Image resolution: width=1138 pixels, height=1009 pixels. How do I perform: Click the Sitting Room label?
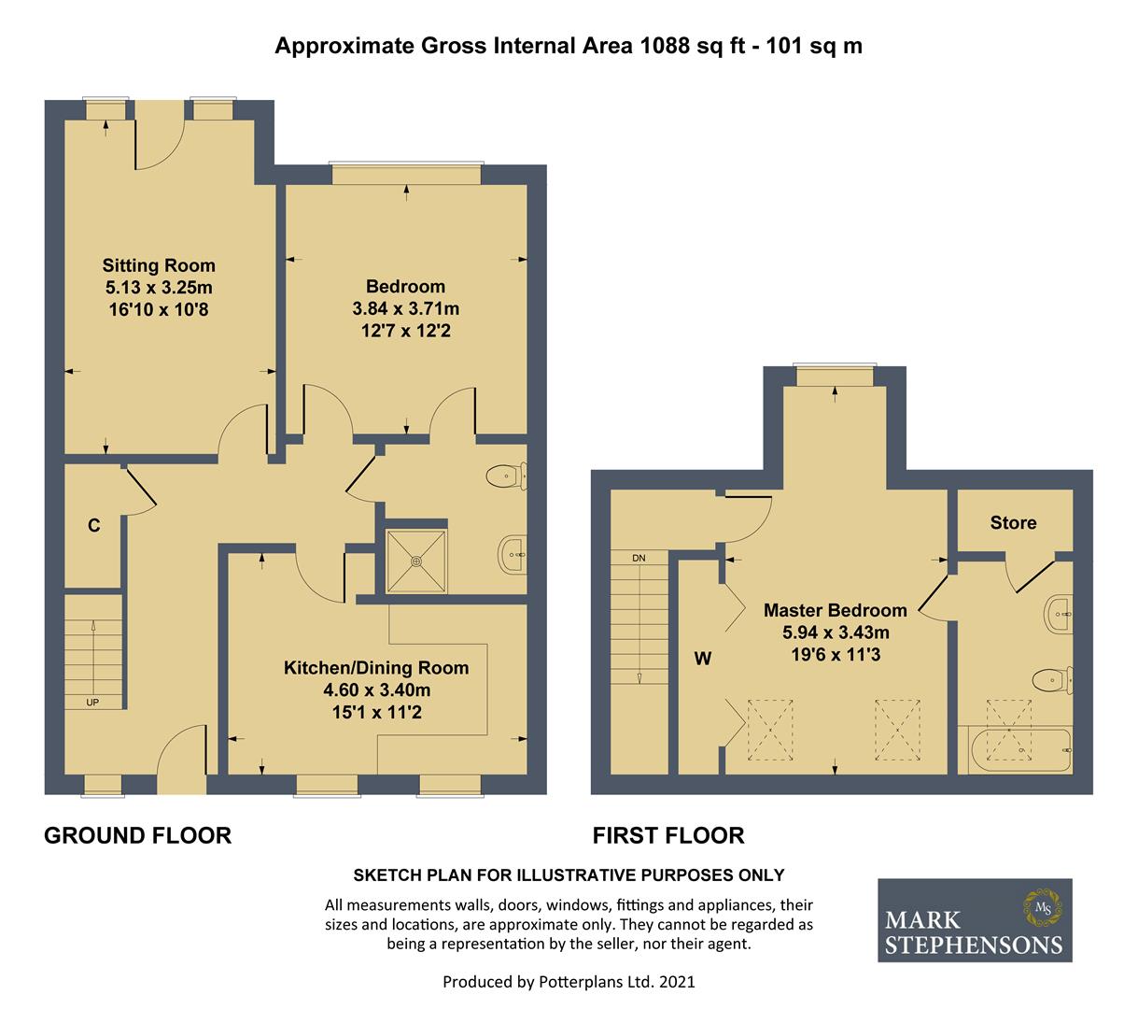click(159, 265)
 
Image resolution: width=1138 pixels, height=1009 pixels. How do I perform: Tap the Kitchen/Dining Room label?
click(376, 667)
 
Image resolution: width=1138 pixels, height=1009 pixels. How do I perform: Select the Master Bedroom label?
click(835, 610)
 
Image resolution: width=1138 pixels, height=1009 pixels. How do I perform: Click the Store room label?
click(1013, 522)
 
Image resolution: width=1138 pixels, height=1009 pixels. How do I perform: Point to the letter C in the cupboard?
click(93, 525)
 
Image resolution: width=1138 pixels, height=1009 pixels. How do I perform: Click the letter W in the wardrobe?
click(703, 659)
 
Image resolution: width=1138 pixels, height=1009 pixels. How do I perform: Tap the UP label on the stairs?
click(92, 702)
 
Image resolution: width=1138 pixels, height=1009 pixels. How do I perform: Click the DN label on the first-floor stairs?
click(639, 558)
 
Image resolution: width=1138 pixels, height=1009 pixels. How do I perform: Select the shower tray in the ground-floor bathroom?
click(416, 561)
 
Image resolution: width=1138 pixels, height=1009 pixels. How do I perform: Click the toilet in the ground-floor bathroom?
click(506, 476)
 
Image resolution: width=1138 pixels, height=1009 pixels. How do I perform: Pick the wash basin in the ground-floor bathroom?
click(513, 555)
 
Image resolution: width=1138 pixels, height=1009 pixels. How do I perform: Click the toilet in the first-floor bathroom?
click(1053, 681)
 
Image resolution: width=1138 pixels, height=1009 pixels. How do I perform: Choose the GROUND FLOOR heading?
click(137, 835)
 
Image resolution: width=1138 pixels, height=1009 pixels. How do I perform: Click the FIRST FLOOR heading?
click(668, 835)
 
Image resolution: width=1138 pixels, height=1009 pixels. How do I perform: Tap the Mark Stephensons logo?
click(975, 920)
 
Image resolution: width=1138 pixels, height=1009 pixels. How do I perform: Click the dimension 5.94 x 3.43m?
click(836, 632)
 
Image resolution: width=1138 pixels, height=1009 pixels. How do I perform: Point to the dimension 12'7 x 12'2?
click(405, 331)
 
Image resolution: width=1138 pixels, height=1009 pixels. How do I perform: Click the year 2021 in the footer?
click(677, 982)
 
